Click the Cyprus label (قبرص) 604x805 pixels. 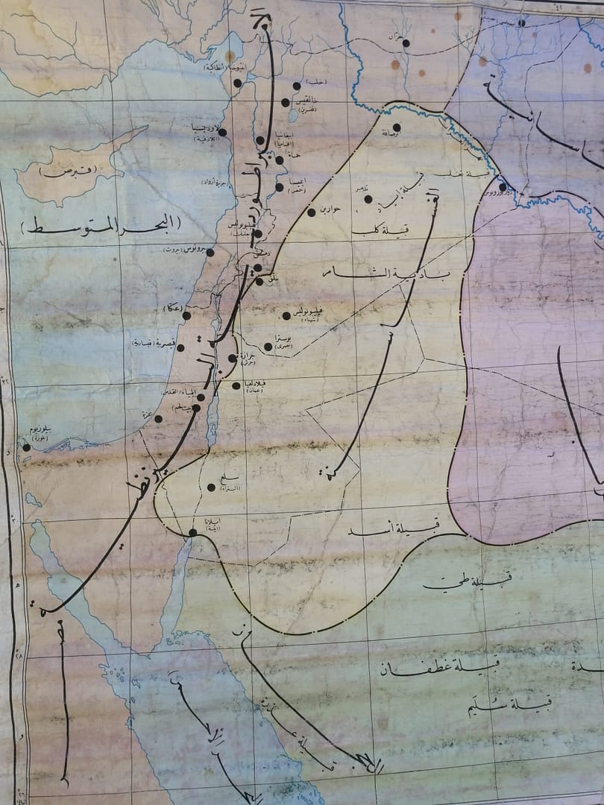(x=68, y=171)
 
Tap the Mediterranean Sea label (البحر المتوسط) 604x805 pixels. (x=101, y=224)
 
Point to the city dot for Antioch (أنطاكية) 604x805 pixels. (x=237, y=83)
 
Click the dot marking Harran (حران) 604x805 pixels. (x=406, y=43)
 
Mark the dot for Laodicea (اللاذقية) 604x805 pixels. (x=221, y=133)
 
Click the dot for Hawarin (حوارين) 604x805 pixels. (x=312, y=212)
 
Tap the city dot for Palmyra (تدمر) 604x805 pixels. (x=368, y=199)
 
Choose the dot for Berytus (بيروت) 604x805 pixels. (x=210, y=253)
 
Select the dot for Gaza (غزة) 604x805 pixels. (x=158, y=419)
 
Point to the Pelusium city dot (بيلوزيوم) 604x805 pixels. (x=26, y=447)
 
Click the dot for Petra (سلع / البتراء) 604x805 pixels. (x=211, y=487)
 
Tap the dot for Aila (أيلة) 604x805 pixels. (x=192, y=532)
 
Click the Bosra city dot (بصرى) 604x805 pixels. (x=268, y=347)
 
